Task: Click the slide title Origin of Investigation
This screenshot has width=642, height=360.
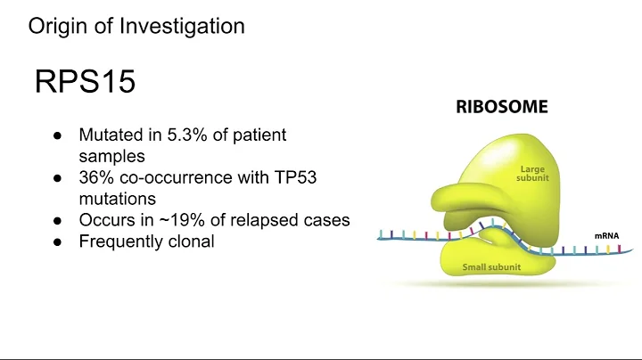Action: [136, 26]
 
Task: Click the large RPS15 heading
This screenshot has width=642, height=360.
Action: [86, 82]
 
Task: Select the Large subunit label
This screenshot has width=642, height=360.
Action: [531, 173]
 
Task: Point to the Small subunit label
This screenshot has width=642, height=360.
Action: [492, 266]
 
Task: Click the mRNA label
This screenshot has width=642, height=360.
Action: [606, 236]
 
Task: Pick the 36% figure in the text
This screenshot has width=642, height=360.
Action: [96, 178]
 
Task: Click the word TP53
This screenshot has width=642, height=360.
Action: [292, 178]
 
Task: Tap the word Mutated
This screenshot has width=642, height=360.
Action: [111, 136]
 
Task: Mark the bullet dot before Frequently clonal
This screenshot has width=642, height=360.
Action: [57, 241]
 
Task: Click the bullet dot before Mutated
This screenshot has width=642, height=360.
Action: [57, 136]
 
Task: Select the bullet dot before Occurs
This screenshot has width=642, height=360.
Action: [57, 220]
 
